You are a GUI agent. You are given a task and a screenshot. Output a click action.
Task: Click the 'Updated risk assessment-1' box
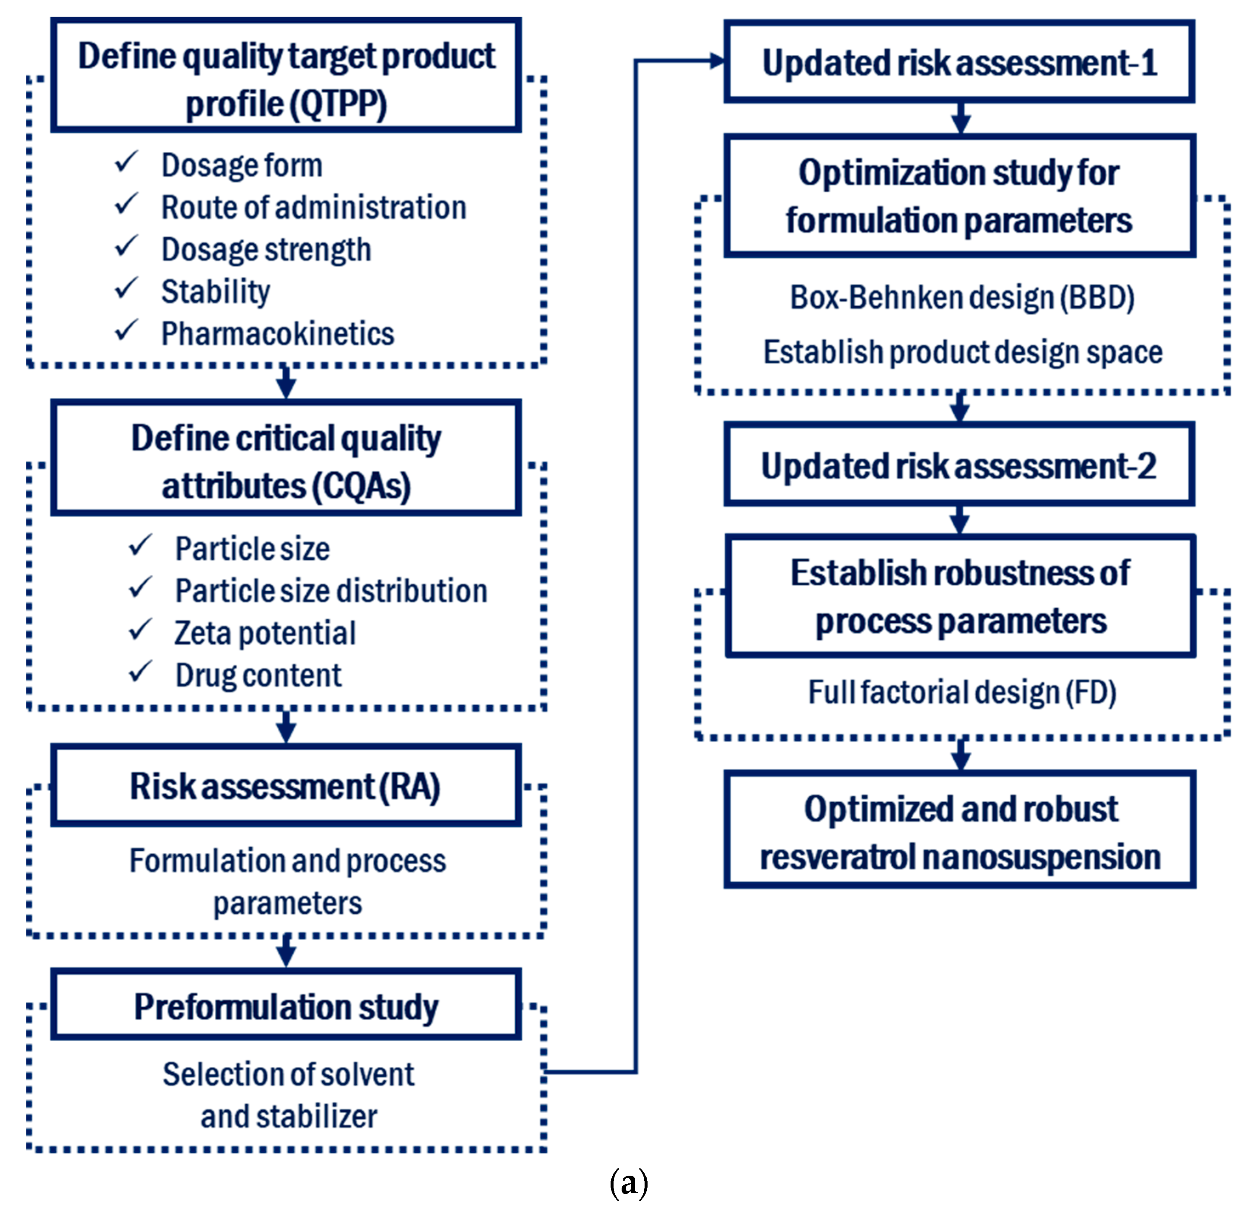pyautogui.click(x=959, y=63)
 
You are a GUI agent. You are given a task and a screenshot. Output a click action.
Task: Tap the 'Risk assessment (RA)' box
pyautogui.click(x=286, y=786)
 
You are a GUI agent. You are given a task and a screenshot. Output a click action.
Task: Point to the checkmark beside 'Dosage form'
pyautogui.click(x=127, y=162)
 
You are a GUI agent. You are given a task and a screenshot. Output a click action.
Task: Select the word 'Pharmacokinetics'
pyautogui.click(x=278, y=334)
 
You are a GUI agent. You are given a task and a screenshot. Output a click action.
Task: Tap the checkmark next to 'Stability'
pyautogui.click(x=127, y=288)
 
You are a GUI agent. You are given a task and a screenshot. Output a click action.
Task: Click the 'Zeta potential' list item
pyautogui.click(x=264, y=633)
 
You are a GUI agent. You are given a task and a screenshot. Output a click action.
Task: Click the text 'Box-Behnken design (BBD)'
pyautogui.click(x=962, y=297)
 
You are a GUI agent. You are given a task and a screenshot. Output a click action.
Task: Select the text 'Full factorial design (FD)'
pyautogui.click(x=962, y=692)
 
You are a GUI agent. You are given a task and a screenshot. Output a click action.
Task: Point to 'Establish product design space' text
pyautogui.click(x=962, y=352)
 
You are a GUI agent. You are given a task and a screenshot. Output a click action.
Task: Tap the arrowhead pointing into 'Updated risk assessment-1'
pyautogui.click(x=716, y=61)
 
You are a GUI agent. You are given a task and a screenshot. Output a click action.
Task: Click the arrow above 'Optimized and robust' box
pyautogui.click(x=961, y=755)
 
